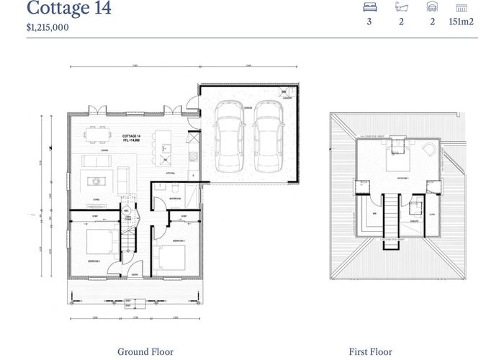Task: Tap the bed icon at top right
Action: coord(369,7)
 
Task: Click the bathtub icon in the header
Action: coord(402,7)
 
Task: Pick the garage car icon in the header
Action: coord(432,7)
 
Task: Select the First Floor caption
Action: coord(371,351)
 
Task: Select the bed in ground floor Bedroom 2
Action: coord(173,256)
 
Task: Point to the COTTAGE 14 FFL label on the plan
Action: coord(131,138)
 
